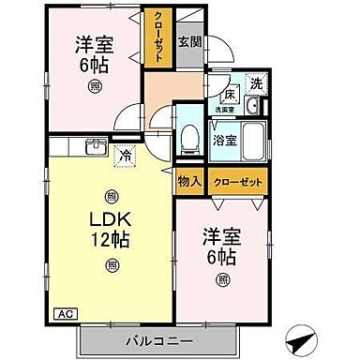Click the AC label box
click(65, 313)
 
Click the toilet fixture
click(191, 138)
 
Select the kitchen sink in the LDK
click(95, 146)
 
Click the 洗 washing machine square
click(255, 83)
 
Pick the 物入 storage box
click(189, 180)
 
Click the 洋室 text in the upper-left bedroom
click(95, 43)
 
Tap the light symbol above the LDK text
click(112, 197)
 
